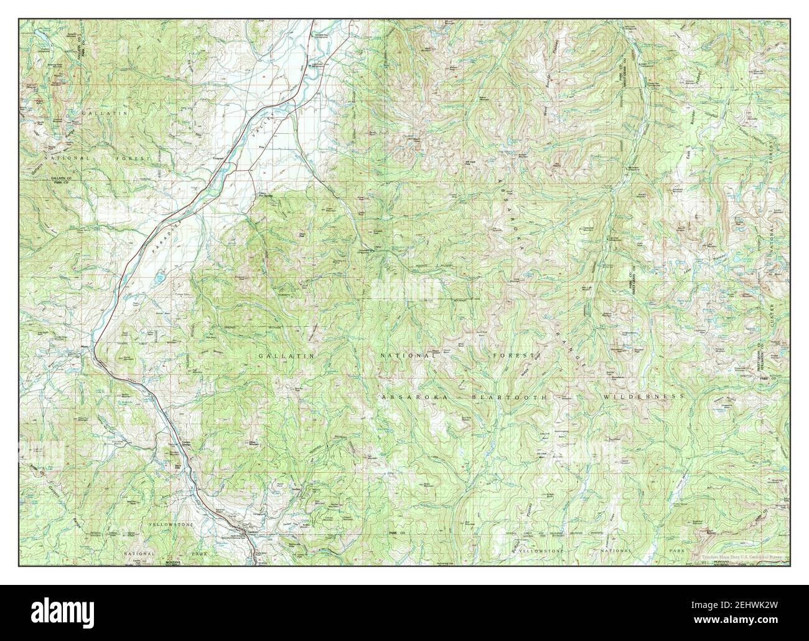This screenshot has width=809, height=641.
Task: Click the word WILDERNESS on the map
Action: (643, 397)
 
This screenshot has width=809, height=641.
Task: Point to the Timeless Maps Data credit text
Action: (744, 541)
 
